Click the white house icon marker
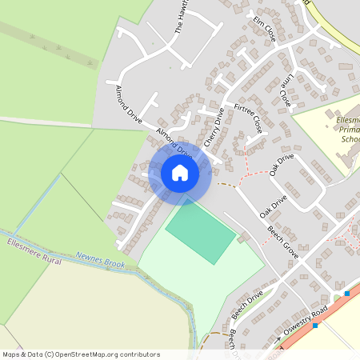[x=179, y=173]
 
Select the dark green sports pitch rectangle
[x=200, y=232]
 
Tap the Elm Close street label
[x=265, y=28]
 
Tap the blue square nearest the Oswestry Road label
[x=316, y=326]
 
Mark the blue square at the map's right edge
[x=347, y=293]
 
